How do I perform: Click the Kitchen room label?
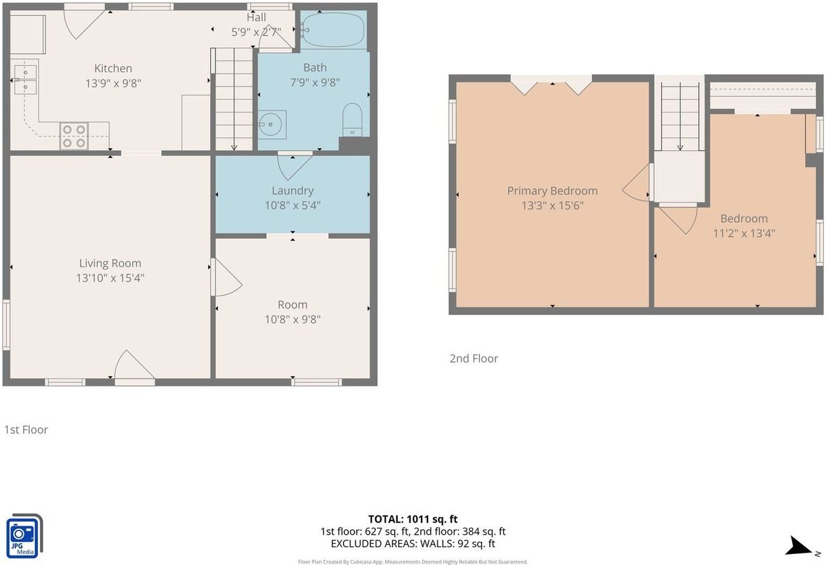(x=113, y=68)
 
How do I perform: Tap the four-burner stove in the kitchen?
(x=74, y=136)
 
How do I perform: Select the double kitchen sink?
(x=25, y=80)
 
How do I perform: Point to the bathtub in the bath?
(x=334, y=30)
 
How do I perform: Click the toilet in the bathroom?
(x=353, y=120)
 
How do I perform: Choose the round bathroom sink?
(x=271, y=124)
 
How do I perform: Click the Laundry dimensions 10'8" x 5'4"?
(x=293, y=206)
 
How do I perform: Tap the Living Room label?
(x=110, y=263)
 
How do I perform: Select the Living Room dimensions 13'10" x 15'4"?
(x=110, y=278)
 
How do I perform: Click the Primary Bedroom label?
(x=552, y=191)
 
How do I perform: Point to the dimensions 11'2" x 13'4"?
(x=744, y=233)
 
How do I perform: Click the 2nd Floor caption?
(x=474, y=358)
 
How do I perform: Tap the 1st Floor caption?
(x=26, y=430)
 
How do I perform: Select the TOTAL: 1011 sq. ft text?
(x=413, y=519)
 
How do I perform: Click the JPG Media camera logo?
(x=24, y=535)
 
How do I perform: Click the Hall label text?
(x=257, y=17)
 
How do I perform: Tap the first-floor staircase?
(x=233, y=99)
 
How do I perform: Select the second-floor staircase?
(x=680, y=117)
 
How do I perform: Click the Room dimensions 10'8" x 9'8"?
(x=293, y=320)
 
